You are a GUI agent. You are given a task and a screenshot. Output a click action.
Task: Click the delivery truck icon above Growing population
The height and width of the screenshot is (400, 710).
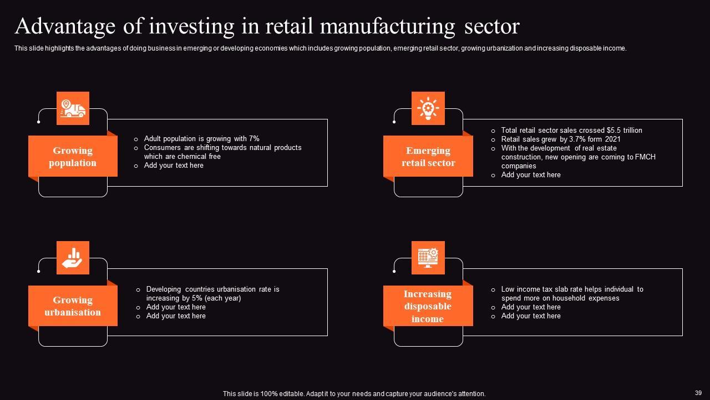(73, 108)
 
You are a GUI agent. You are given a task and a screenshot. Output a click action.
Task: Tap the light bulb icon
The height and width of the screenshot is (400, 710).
(428, 108)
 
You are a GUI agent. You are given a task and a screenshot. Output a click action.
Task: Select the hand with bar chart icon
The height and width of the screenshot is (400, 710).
(73, 258)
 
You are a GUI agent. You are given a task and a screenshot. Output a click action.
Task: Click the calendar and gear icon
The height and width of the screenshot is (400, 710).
(428, 258)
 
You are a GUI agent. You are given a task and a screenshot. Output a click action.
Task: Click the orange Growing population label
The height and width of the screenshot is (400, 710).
(73, 157)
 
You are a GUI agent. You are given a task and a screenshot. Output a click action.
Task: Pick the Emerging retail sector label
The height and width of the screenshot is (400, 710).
(428, 157)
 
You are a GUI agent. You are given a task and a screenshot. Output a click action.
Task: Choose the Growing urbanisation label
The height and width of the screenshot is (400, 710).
(73, 306)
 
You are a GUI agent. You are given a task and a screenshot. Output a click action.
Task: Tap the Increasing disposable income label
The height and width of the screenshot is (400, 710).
(428, 306)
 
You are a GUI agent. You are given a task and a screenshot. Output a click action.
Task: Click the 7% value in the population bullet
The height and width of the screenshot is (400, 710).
(254, 139)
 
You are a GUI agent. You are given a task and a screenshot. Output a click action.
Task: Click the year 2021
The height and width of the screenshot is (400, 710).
(612, 139)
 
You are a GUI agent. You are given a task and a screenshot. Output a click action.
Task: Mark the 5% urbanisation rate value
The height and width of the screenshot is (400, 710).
(196, 298)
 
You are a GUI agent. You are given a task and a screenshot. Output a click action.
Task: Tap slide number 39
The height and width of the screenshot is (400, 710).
(698, 393)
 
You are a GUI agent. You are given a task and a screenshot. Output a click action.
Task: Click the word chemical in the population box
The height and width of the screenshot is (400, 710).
(192, 157)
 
